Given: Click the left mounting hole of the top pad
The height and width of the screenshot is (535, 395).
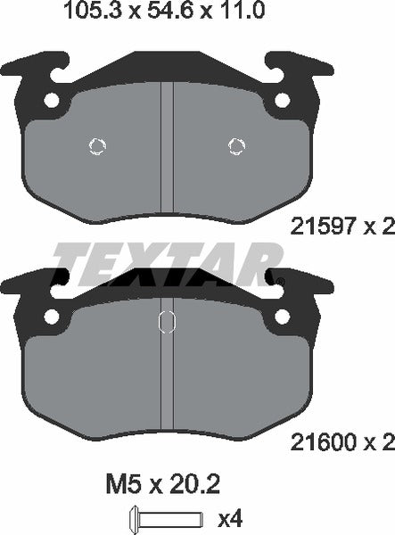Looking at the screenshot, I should click(x=53, y=100).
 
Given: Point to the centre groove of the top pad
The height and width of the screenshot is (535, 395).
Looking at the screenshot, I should click(x=166, y=143).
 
